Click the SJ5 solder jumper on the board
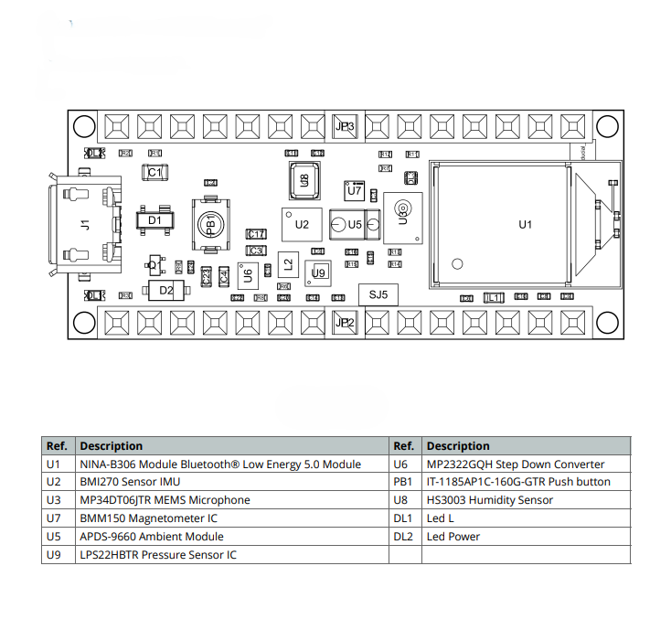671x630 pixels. [378, 294]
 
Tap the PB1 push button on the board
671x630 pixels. [210, 224]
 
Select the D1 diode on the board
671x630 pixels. [154, 219]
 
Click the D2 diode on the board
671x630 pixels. [165, 291]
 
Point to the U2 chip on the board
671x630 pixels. [302, 224]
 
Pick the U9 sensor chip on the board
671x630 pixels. [318, 272]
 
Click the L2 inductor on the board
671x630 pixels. [288, 264]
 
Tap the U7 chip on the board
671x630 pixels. [354, 190]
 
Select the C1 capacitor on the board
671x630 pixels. [154, 172]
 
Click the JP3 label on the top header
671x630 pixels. [345, 126]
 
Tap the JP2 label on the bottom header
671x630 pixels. [345, 322]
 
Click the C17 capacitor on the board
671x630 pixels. [257, 234]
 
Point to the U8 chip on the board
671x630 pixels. [304, 180]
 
